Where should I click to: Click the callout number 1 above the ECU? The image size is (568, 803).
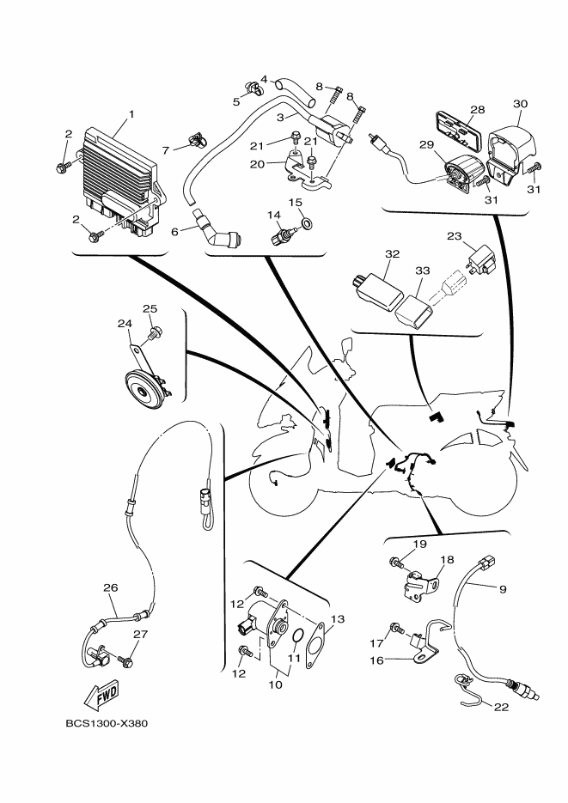coord(131,114)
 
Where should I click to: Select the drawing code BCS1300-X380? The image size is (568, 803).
coord(107,723)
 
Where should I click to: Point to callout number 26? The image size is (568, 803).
coord(110,588)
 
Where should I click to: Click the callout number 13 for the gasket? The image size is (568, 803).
coord(338,619)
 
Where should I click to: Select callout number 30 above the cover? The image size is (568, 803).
coord(520,104)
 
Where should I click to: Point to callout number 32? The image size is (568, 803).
coord(393,254)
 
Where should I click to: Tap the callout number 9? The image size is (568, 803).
coord(504,589)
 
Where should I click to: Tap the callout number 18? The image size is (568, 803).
coord(446,559)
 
